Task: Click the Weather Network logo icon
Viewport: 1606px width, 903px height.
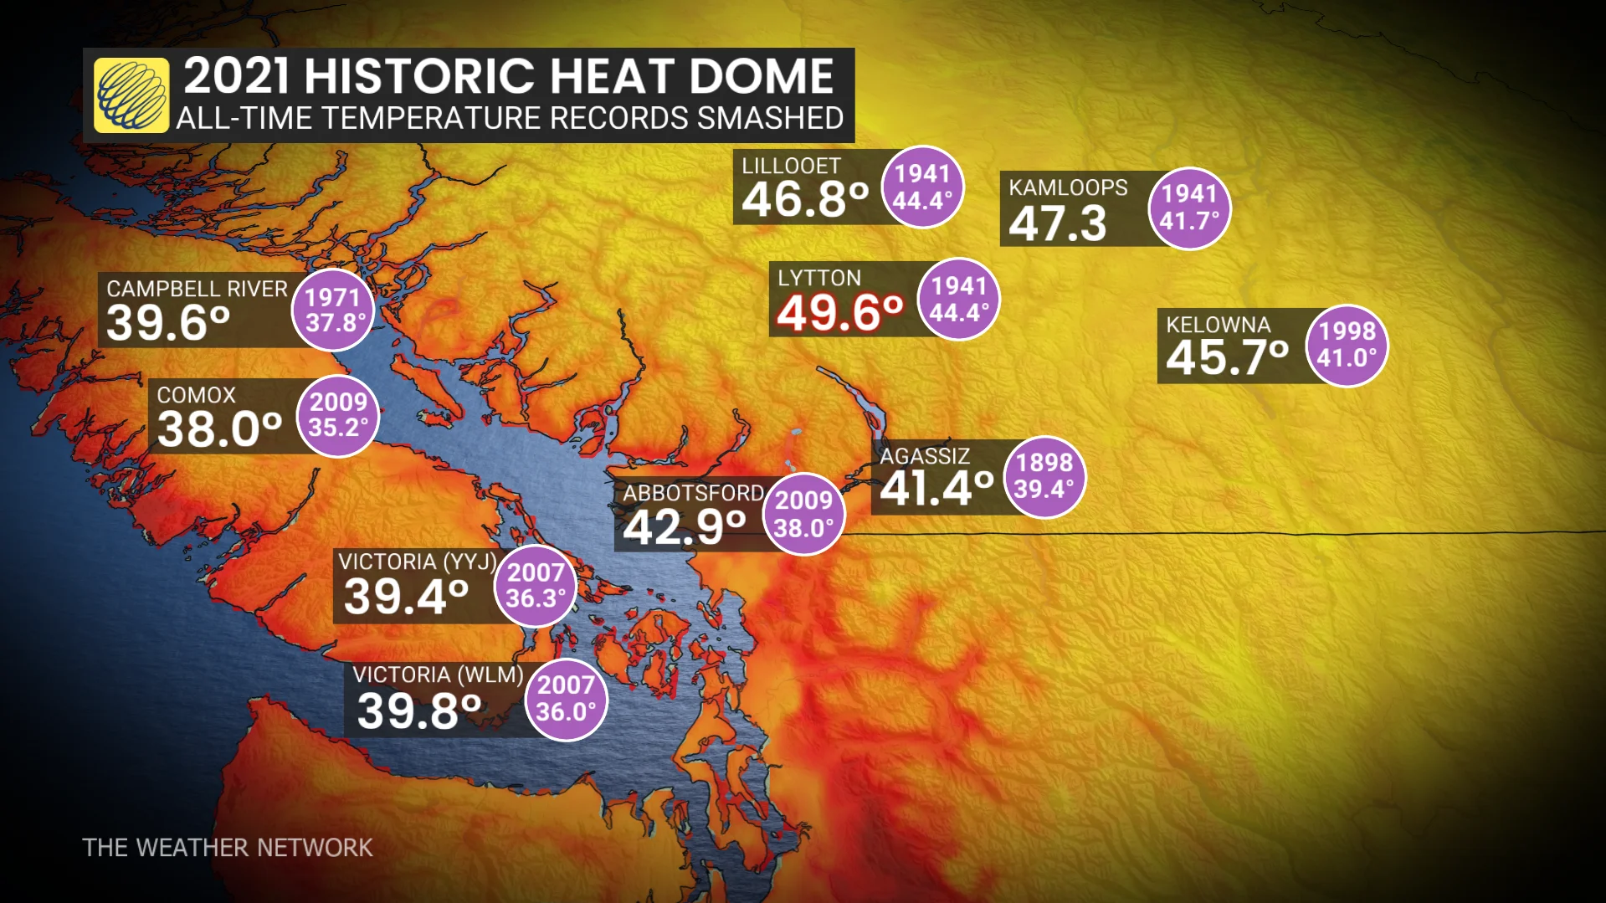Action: click(131, 95)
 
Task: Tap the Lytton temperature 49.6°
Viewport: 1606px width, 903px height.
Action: click(839, 313)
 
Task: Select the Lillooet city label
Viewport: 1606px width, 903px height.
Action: click(791, 166)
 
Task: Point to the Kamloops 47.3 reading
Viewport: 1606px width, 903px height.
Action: click(1057, 223)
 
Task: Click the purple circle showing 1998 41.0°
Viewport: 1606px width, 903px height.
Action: click(1347, 345)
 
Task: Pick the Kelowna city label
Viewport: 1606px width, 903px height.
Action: click(1218, 325)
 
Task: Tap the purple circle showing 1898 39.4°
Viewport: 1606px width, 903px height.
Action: click(1044, 476)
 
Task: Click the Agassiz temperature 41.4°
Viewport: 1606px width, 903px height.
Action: click(936, 488)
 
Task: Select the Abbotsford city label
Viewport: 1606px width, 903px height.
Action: click(693, 493)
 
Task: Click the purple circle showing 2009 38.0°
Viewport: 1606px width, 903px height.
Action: click(803, 515)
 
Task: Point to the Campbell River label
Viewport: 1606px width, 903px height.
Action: click(197, 289)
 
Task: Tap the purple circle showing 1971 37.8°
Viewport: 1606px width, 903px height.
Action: click(333, 310)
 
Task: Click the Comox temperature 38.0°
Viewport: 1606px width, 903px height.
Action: click(219, 429)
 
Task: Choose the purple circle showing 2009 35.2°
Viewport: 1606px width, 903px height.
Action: click(338, 415)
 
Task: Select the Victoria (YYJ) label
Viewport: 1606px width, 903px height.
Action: click(417, 562)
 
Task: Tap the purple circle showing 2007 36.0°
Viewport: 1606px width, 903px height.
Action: click(566, 699)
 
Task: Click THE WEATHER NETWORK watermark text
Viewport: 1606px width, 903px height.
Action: click(227, 848)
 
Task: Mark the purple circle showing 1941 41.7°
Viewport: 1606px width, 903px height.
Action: click(1189, 208)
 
